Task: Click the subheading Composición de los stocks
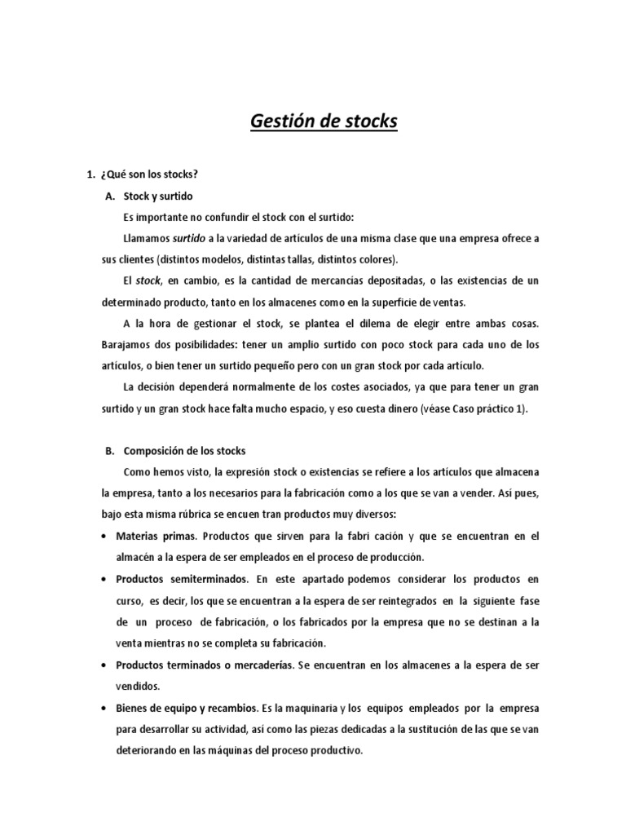point(190,451)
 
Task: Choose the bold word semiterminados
point(209,579)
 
